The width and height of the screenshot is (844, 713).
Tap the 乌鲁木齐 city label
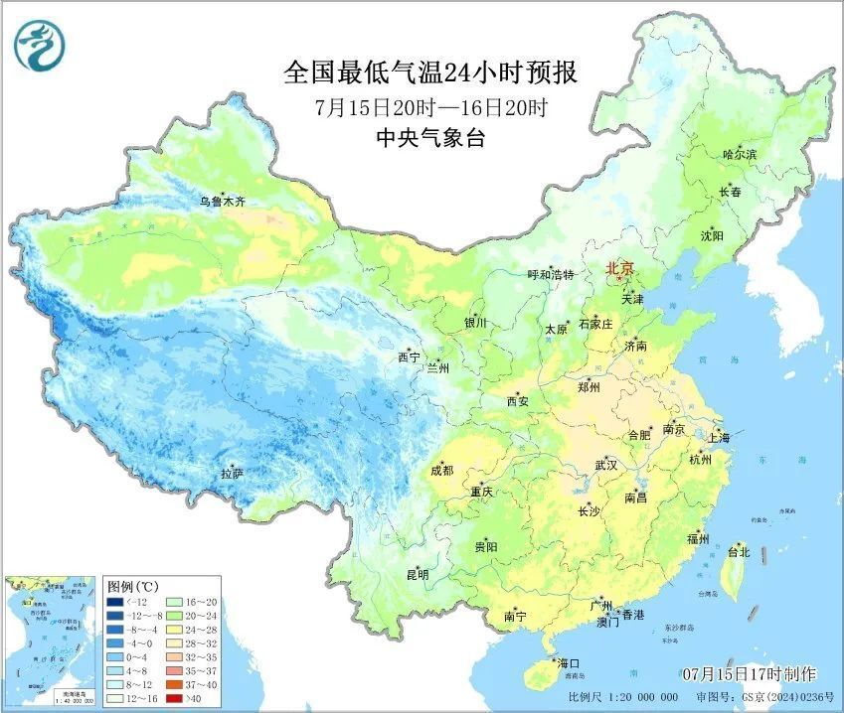[x=221, y=202]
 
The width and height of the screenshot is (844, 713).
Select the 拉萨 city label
[x=232, y=474]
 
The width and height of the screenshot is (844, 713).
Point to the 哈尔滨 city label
[x=740, y=155]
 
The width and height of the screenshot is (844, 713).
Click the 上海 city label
[x=718, y=438]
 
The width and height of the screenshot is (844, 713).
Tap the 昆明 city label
[x=417, y=574]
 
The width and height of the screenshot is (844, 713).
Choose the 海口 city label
[x=568, y=663]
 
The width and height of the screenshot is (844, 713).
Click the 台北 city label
[x=739, y=551]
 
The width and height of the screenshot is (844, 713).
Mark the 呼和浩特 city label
[x=551, y=275]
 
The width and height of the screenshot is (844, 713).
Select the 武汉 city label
[x=606, y=465]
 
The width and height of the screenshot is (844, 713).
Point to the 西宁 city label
[x=409, y=356]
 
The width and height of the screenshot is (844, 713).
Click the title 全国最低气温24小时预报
[x=430, y=72]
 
